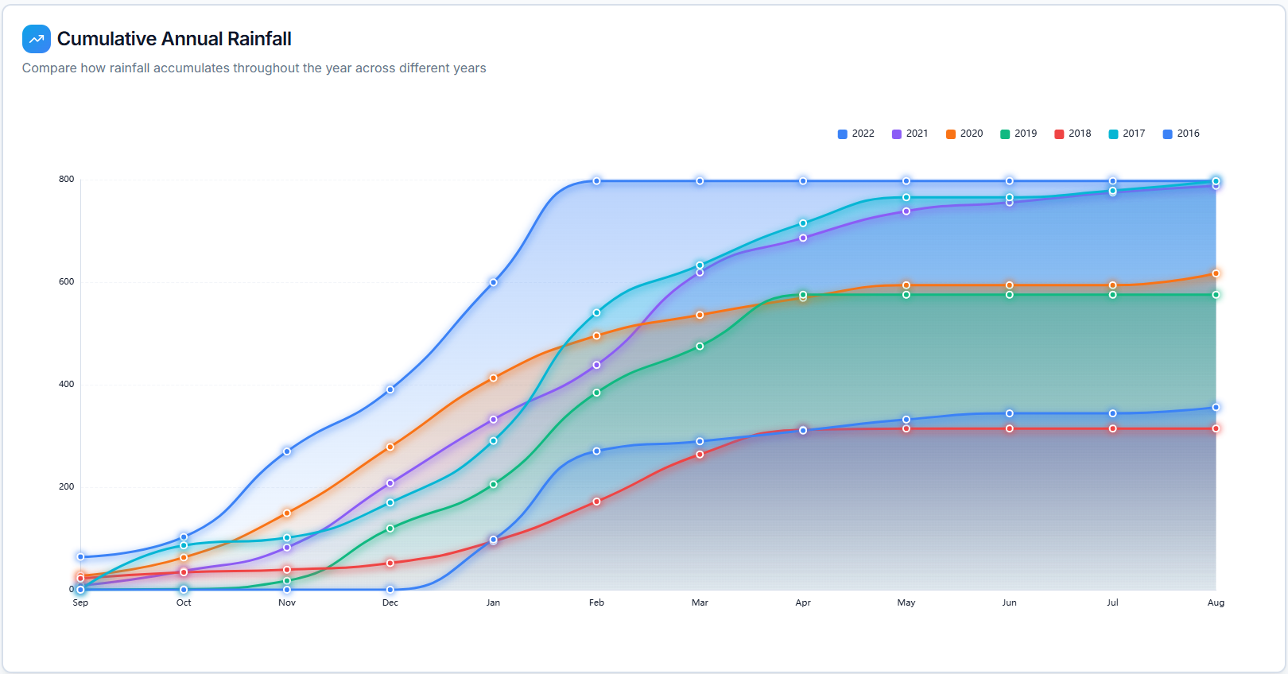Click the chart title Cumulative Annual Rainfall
click(x=174, y=39)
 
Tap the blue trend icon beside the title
click(x=37, y=39)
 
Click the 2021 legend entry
click(x=910, y=134)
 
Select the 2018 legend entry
click(x=1073, y=134)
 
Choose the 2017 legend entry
click(x=1127, y=134)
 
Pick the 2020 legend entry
click(x=964, y=134)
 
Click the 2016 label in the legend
click(x=1188, y=134)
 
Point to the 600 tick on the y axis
click(x=66, y=281)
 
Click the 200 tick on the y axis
click(x=66, y=486)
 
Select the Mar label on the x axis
click(x=700, y=602)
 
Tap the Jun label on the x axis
click(x=1009, y=602)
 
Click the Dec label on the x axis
click(x=390, y=602)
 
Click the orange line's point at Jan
click(x=494, y=378)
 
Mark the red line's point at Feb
click(x=596, y=502)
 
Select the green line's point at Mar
click(x=700, y=347)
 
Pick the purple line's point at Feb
click(x=596, y=366)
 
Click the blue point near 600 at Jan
click(x=494, y=282)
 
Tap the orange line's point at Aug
click(x=1216, y=273)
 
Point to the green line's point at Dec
click(x=390, y=529)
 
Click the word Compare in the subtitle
click(x=49, y=68)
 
